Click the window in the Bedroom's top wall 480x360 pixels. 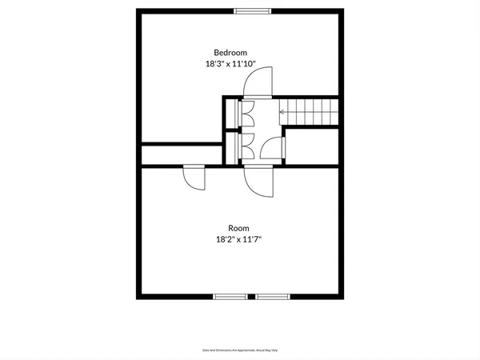(x=251, y=10)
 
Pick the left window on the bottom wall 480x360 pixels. (x=230, y=297)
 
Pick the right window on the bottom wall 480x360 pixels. (x=272, y=297)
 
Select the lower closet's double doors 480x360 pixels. (x=247, y=146)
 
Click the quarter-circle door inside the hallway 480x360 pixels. (x=274, y=148)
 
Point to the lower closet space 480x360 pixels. (x=232, y=146)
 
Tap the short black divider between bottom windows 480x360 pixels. (x=251, y=297)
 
